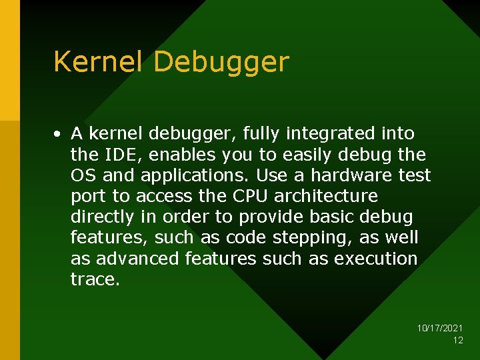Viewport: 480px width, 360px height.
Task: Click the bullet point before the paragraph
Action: (x=59, y=134)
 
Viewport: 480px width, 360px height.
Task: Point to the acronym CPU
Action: (x=250, y=196)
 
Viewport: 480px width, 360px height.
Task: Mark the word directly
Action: (x=103, y=217)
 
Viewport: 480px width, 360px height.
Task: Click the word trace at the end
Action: (x=93, y=279)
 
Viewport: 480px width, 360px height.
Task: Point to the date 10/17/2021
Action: (x=440, y=329)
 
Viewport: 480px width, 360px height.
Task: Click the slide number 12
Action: (x=458, y=340)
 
